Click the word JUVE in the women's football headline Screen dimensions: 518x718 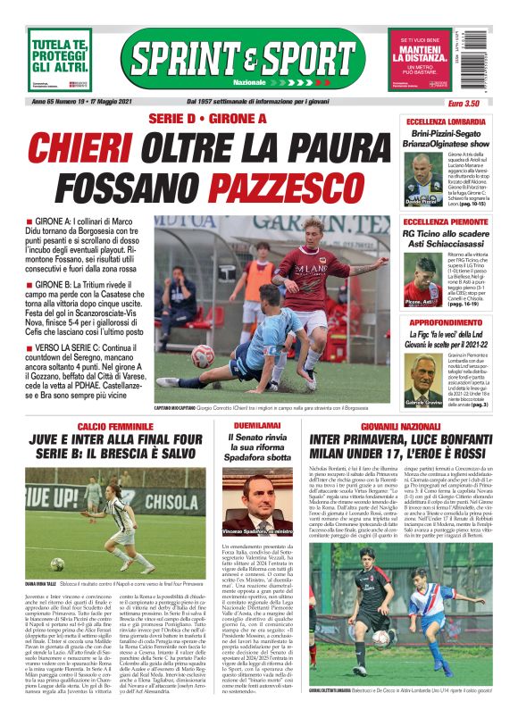[47, 440]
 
